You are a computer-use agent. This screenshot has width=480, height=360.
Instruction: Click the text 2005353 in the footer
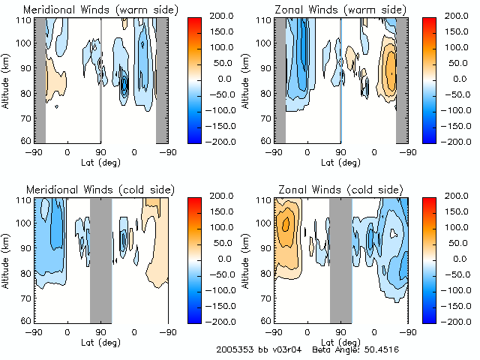(235, 349)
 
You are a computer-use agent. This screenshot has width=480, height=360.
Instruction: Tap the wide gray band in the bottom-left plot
(100, 259)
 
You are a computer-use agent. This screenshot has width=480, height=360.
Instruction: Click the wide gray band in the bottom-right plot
(340, 259)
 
